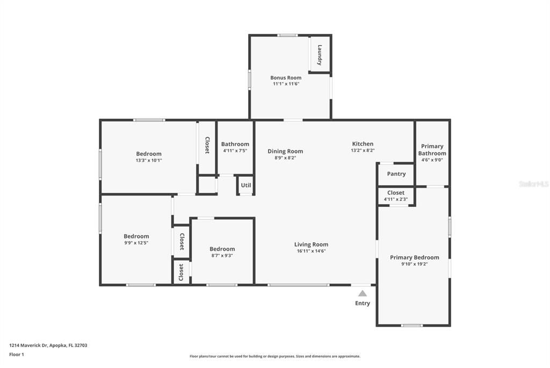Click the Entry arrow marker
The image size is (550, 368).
(363, 293)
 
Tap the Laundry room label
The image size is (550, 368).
(320, 55)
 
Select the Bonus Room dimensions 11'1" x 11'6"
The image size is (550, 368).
(286, 84)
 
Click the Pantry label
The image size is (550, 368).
(396, 174)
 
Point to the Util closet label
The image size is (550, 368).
(245, 185)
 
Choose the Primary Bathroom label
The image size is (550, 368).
(432, 150)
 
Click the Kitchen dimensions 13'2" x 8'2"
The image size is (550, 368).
(363, 151)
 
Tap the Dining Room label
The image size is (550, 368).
(285, 151)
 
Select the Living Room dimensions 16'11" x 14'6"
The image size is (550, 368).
(311, 251)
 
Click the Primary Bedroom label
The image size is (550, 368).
(414, 257)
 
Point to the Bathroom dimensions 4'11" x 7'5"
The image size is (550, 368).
(235, 151)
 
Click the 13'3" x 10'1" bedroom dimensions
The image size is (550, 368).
(149, 160)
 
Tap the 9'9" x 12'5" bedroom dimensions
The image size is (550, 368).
(136, 243)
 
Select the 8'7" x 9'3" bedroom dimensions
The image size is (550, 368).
(222, 256)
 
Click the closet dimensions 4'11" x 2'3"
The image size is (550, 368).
(396, 200)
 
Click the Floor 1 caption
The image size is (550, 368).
(17, 355)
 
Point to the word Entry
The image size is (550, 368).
(363, 304)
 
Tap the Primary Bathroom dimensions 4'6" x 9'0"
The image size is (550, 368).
(432, 160)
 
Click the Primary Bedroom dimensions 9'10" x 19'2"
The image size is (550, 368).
(414, 264)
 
